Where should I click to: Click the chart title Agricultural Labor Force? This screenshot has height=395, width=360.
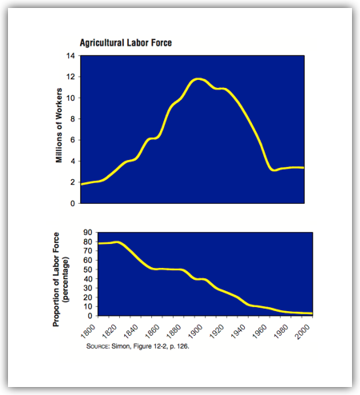point(126,42)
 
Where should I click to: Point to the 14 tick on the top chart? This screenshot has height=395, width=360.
point(70,56)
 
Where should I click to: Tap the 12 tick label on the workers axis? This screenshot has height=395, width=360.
point(70,77)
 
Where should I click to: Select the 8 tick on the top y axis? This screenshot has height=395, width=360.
point(73,119)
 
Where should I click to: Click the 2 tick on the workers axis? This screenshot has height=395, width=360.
point(73,182)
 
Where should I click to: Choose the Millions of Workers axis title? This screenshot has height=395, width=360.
point(58,126)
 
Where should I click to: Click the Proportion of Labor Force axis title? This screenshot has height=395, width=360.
point(55,279)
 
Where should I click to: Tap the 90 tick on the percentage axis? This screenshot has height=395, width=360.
point(88,233)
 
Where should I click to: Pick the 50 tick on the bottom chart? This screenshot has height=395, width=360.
point(88,269)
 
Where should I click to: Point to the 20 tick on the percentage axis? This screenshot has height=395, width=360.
point(88,297)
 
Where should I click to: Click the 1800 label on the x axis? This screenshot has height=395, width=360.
point(87,331)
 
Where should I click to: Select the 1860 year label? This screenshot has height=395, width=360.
point(152,331)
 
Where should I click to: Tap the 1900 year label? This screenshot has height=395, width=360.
point(195,331)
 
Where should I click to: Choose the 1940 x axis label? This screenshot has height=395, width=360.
point(238,331)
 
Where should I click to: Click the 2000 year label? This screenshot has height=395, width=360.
point(302,331)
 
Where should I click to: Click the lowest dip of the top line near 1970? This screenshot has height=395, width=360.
point(274,170)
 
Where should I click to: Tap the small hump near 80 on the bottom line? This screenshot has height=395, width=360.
point(118,242)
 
